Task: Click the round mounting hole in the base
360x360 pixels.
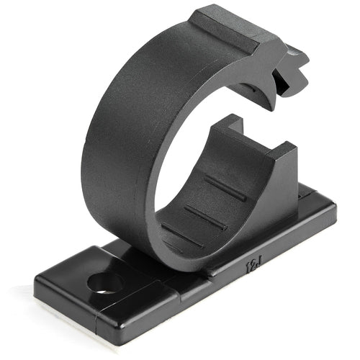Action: pyautogui.click(x=103, y=281)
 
